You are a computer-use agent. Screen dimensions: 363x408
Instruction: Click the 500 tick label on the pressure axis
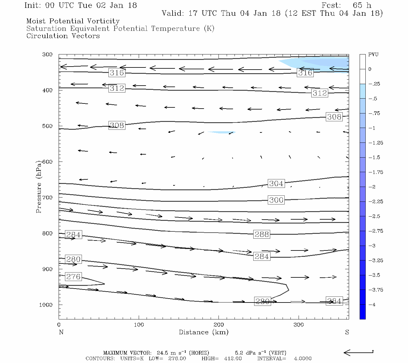tap(47, 126)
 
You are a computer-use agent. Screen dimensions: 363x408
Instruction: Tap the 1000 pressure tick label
tap(46, 305)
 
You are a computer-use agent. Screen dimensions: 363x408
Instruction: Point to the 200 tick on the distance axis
tap(219, 325)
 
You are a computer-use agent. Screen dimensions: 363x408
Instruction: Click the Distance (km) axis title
tap(203, 332)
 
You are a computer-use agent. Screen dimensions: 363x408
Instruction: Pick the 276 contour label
tap(73, 276)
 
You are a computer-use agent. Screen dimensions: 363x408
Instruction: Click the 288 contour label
tap(261, 234)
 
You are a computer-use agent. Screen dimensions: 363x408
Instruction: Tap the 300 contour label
tap(276, 200)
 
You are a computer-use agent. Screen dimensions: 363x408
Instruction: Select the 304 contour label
tap(276, 184)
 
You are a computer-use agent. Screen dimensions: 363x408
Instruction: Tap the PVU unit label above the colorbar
tap(373, 55)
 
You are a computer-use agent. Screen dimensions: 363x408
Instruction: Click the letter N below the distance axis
tap(61, 332)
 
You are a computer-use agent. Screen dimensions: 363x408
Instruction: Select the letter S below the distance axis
tap(347, 332)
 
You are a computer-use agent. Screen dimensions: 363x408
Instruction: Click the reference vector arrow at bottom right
tap(358, 352)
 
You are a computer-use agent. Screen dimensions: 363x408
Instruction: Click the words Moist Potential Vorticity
tap(73, 21)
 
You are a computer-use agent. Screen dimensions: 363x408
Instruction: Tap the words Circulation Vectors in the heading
tap(63, 36)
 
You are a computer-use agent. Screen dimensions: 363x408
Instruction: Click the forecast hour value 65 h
tap(362, 5)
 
